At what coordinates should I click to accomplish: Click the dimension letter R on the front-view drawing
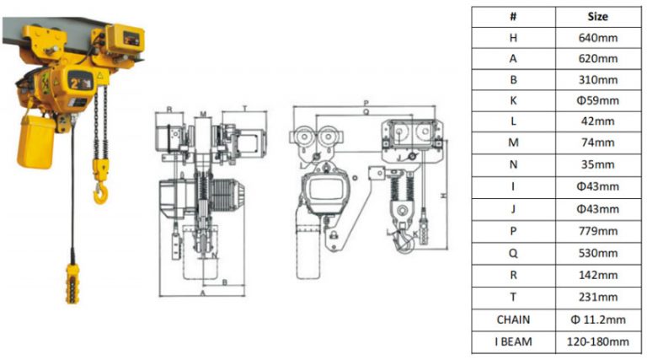coord(169,110)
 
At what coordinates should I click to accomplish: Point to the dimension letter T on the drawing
coord(244,110)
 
